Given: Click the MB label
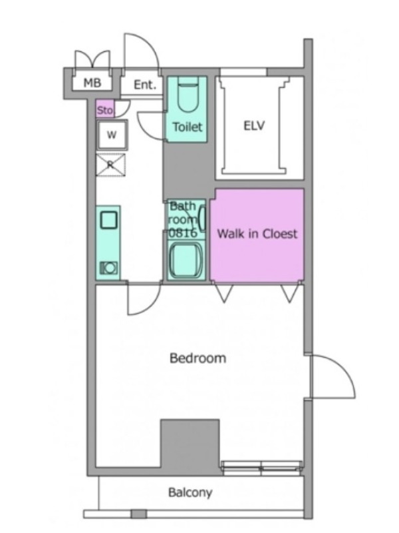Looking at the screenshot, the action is pyautogui.click(x=92, y=83).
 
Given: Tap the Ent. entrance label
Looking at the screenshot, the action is pyautogui.click(x=145, y=85).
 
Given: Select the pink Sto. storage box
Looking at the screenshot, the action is pyautogui.click(x=105, y=108).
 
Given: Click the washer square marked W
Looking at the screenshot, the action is pyautogui.click(x=112, y=135).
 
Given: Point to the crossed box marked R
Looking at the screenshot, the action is pyautogui.click(x=110, y=165).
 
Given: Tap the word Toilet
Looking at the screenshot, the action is pyautogui.click(x=188, y=127).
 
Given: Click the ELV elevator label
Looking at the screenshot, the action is pyautogui.click(x=254, y=126).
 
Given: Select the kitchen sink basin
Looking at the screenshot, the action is pyautogui.click(x=109, y=221).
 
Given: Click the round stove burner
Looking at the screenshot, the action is pyautogui.click(x=109, y=268).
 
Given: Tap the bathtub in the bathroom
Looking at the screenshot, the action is pyautogui.click(x=186, y=260).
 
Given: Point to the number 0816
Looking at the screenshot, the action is pyautogui.click(x=183, y=233).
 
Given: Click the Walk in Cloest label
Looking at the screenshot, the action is pyautogui.click(x=257, y=234).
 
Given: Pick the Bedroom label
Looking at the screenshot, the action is pyautogui.click(x=198, y=358).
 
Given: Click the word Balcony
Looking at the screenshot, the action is pyautogui.click(x=190, y=492).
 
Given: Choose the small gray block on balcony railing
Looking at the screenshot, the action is pyautogui.click(x=139, y=514).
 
